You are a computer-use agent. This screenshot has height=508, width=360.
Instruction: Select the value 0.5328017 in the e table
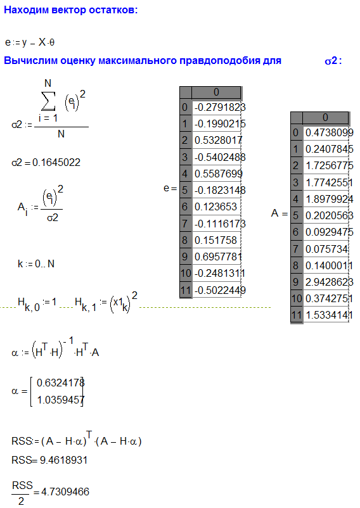point(218,140)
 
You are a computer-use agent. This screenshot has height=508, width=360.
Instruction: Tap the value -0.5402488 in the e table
point(220,157)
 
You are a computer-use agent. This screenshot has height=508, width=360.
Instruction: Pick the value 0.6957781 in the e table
point(218,257)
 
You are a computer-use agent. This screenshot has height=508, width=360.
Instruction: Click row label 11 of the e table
point(186,290)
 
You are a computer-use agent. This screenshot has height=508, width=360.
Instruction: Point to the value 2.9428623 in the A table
point(329,282)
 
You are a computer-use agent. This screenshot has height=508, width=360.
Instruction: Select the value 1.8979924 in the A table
point(329,199)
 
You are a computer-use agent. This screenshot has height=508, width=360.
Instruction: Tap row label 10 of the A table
point(297,298)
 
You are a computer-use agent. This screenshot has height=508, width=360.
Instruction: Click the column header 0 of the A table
point(325,118)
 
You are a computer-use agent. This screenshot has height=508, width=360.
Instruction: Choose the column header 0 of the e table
point(217,92)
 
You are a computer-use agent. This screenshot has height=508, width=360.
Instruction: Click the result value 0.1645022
point(56,162)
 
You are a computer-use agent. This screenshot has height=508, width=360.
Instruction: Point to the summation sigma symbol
point(48,101)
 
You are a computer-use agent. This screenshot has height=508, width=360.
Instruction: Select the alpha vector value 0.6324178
point(60,383)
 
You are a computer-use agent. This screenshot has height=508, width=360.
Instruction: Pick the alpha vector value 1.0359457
point(60,400)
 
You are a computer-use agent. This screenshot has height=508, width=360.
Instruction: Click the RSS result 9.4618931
point(63,460)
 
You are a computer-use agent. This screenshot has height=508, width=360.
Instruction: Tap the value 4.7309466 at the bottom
point(65,492)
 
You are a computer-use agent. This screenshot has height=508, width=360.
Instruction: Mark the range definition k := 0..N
point(36,264)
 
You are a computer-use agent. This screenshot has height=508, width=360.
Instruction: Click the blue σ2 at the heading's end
point(331,61)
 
